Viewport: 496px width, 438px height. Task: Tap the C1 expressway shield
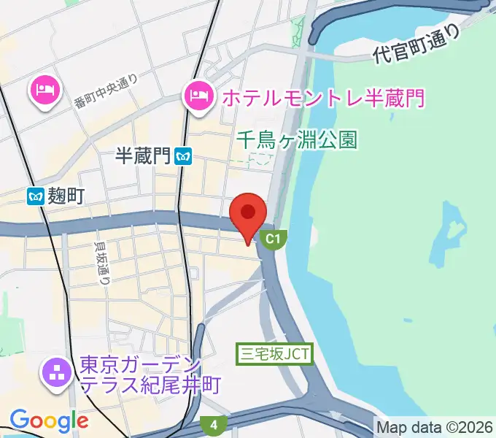(x=273, y=239)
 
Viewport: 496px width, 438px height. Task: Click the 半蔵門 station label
(x=142, y=155)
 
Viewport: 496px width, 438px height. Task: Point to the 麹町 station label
(x=68, y=196)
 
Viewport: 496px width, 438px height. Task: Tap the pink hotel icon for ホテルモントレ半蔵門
(x=198, y=93)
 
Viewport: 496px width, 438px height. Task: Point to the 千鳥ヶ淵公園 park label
(x=297, y=139)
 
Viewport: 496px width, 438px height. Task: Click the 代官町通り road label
(x=418, y=45)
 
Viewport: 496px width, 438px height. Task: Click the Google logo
(x=49, y=420)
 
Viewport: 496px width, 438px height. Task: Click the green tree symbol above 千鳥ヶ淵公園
(x=297, y=29)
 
